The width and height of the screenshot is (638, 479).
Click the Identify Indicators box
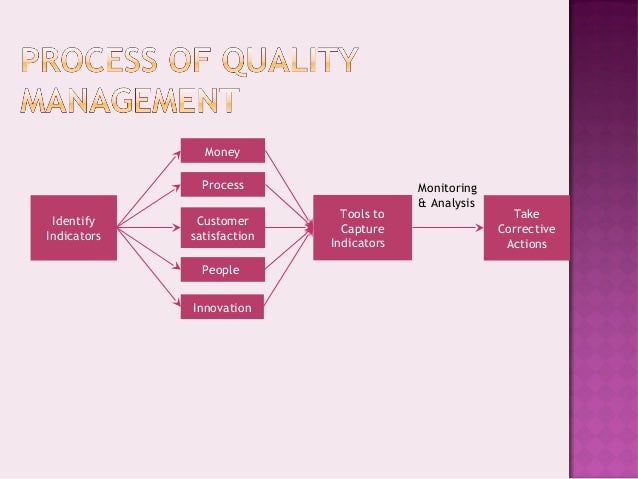click(73, 228)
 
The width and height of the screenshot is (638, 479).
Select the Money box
click(222, 151)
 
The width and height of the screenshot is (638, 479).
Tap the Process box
click(222, 185)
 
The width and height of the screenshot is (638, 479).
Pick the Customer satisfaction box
click(222, 228)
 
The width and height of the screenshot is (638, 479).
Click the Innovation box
click(222, 307)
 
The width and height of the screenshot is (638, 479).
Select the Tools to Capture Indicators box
click(361, 228)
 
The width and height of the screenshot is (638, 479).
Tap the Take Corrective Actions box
click(526, 228)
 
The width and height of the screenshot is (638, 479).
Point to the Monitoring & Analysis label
click(447, 195)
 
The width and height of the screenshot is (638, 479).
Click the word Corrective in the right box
click(526, 229)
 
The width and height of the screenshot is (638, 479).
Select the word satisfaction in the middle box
click(222, 237)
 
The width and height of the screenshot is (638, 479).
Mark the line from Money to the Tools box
click(287, 186)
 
